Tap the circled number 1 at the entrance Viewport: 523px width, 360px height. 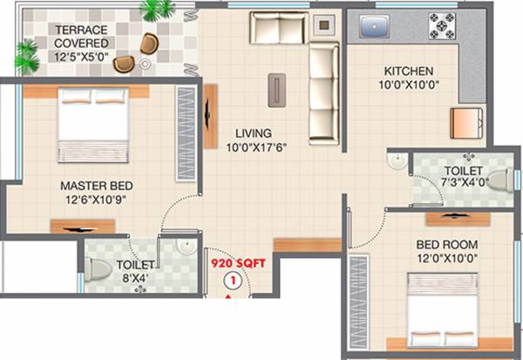[233, 281]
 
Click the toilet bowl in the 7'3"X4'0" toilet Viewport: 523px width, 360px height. [499, 180]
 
